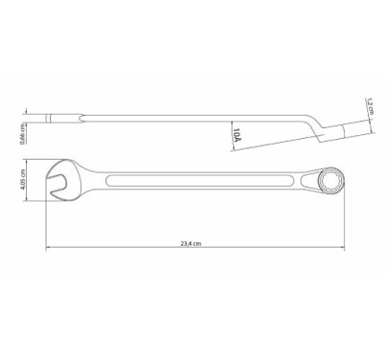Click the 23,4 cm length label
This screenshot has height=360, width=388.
pyautogui.click(x=191, y=244)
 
